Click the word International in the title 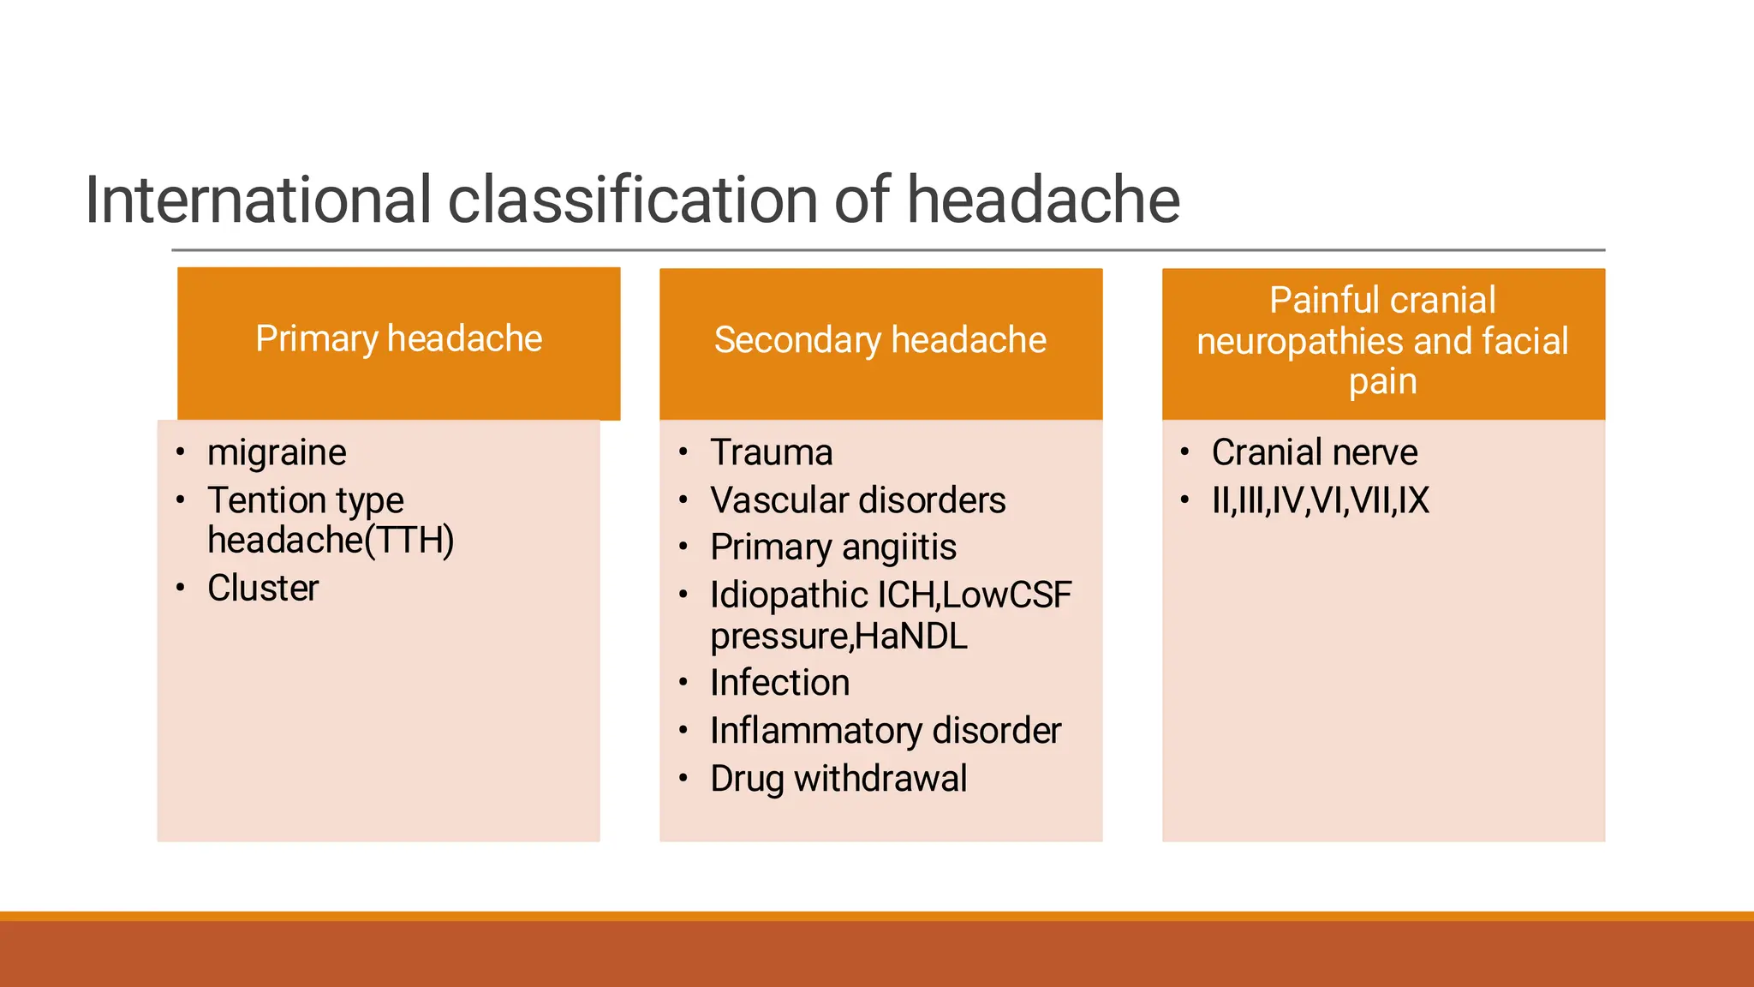[257, 200]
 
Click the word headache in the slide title [1042, 200]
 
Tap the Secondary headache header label [880, 340]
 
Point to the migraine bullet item [277, 452]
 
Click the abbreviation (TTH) [409, 541]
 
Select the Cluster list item [263, 589]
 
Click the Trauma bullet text [771, 452]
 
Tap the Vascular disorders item [857, 500]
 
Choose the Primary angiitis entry [832, 547]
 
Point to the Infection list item [779, 683]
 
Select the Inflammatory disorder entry [885, 731]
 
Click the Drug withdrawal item [838, 779]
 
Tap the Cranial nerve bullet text [1314, 452]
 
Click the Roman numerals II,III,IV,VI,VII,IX [1320, 500]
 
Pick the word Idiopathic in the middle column [788, 595]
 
